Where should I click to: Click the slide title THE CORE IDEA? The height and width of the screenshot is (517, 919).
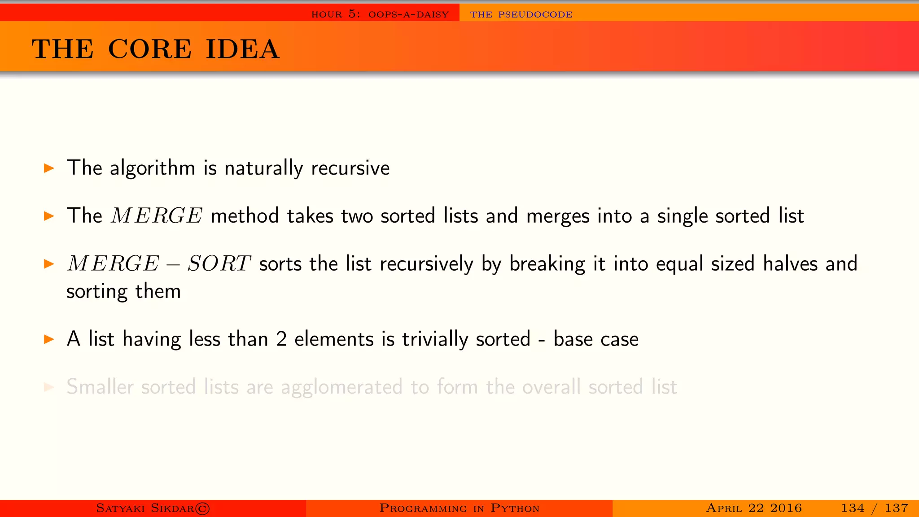(x=155, y=49)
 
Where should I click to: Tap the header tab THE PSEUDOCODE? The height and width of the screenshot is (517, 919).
(x=521, y=14)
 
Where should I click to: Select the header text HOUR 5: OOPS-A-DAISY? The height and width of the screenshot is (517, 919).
(x=380, y=14)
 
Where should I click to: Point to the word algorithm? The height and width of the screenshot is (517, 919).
(x=153, y=168)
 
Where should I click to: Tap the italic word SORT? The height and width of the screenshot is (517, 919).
(x=219, y=263)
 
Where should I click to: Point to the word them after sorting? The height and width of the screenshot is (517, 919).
(x=158, y=291)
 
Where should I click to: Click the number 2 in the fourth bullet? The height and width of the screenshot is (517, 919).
(x=281, y=339)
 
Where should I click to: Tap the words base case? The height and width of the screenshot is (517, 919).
(x=595, y=339)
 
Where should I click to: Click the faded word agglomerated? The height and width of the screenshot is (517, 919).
(x=341, y=387)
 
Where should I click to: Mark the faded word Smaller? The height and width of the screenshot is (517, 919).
(x=100, y=387)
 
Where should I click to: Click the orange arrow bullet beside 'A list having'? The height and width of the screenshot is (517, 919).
(x=49, y=339)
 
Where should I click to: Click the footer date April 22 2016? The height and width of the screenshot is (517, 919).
(x=753, y=508)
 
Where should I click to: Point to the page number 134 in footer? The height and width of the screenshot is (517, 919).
(x=852, y=508)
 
